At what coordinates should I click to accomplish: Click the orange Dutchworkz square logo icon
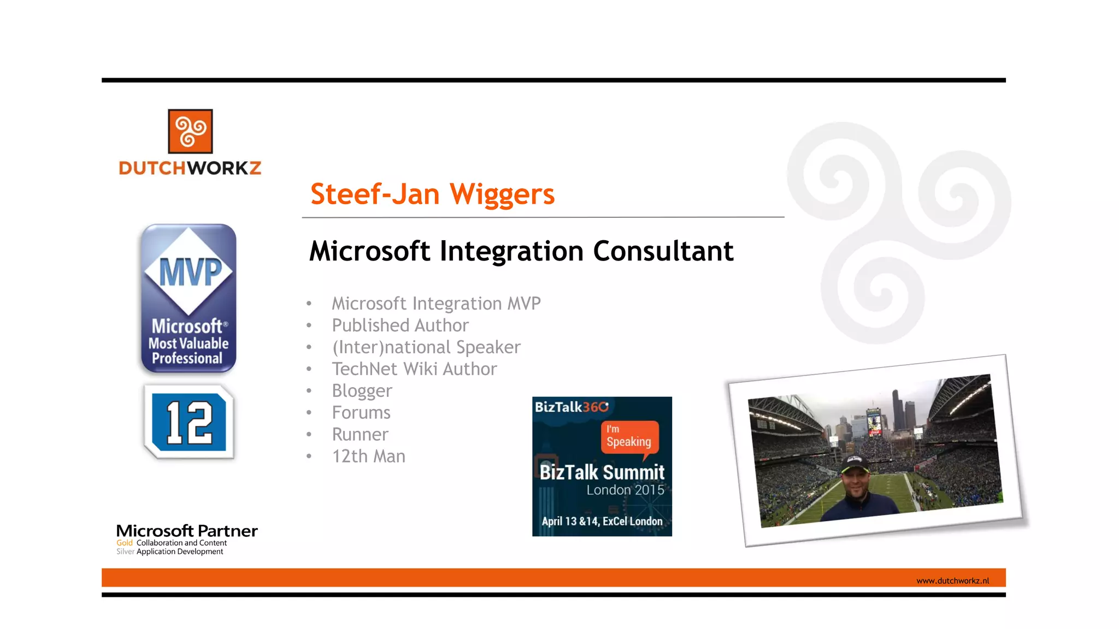[190, 131]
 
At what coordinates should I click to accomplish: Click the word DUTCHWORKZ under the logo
[190, 168]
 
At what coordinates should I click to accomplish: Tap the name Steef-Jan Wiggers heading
[432, 194]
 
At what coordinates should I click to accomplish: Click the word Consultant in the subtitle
[663, 252]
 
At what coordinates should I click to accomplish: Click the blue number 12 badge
[189, 422]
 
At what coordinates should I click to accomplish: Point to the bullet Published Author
[400, 325]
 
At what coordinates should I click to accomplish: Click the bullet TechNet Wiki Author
[414, 369]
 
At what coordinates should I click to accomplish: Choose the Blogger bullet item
[362, 391]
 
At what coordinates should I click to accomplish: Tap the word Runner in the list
[360, 435]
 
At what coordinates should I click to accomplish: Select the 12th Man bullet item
[368, 456]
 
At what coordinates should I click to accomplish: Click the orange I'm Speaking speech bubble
[629, 437]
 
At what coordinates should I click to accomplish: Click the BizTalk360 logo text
[571, 407]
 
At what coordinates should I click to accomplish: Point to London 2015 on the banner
[625, 490]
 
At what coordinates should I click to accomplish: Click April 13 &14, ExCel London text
[602, 521]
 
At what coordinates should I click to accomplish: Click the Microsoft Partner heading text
[187, 531]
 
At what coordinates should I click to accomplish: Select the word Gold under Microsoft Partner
[125, 543]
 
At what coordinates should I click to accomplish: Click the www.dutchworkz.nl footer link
[952, 581]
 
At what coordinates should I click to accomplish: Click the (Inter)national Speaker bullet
[426, 347]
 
